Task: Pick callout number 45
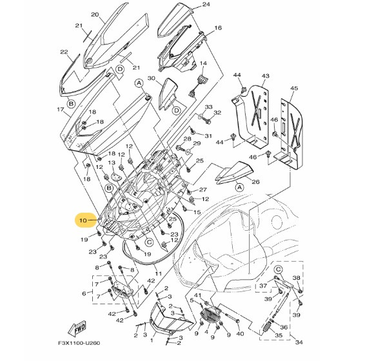(x=293, y=88)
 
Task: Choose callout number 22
(x=64, y=52)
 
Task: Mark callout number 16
(x=217, y=28)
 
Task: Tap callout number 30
(x=152, y=79)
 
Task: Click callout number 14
(x=202, y=63)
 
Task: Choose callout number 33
(x=208, y=106)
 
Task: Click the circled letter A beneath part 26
(x=239, y=186)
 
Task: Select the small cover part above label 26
(x=234, y=171)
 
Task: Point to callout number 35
(x=279, y=336)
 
